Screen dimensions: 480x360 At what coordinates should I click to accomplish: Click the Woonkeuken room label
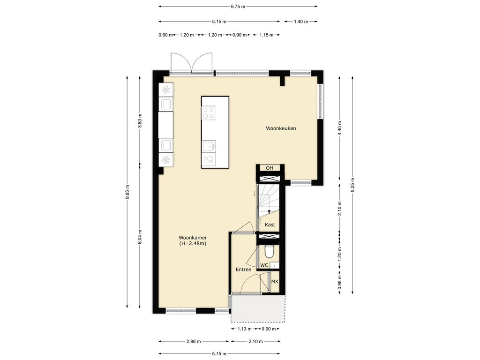point(281,128)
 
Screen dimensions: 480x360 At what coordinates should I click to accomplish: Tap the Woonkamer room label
point(193,238)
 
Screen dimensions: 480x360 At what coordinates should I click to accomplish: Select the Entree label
point(243,270)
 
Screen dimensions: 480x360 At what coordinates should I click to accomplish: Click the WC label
point(264,265)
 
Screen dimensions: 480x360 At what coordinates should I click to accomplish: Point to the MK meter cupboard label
point(275,281)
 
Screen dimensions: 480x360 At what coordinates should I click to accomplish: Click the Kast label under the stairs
point(270,225)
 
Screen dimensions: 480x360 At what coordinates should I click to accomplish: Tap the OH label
point(270,168)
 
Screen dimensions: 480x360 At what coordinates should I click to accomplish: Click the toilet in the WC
point(270,251)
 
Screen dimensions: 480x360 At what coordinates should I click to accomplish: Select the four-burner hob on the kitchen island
point(209,112)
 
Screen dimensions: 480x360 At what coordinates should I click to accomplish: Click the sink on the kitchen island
point(209,146)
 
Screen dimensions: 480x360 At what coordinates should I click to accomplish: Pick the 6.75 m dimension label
point(238,7)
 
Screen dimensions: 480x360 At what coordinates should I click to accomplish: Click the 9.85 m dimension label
point(127,192)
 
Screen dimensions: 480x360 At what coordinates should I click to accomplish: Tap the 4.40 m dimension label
point(340,128)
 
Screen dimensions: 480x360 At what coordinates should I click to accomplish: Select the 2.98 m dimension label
point(194,341)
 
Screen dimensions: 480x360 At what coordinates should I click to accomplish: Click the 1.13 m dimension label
point(244,329)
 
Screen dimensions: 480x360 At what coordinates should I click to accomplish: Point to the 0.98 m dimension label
point(340,282)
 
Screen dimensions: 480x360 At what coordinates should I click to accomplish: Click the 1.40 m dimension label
point(301,22)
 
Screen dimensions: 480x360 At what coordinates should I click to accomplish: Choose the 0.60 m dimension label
point(165,35)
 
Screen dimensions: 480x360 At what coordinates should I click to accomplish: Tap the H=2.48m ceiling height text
point(193,244)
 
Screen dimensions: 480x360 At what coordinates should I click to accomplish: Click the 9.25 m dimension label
point(352,185)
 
